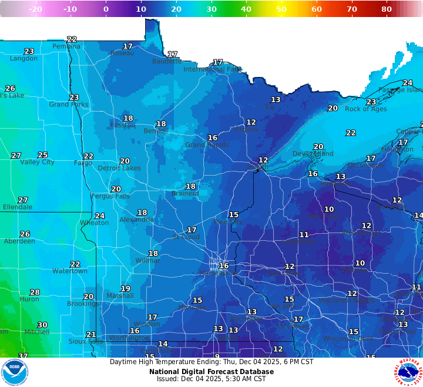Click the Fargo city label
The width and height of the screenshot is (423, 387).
(83, 163)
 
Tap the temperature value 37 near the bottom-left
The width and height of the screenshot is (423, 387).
(23, 356)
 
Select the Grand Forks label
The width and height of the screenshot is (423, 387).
(68, 105)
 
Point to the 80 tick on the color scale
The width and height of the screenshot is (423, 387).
(387, 9)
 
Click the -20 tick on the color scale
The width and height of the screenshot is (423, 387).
(35, 9)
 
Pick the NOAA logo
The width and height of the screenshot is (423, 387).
(15, 372)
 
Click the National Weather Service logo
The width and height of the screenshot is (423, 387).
(408, 372)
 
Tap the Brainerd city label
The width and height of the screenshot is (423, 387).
(184, 194)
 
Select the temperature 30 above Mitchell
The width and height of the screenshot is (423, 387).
(42, 325)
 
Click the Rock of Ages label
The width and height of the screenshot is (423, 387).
(365, 109)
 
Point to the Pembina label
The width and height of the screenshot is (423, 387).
(66, 46)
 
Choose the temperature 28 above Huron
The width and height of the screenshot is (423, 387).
(35, 292)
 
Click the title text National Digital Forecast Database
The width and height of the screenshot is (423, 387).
(211, 371)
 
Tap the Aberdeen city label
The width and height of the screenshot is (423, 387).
(19, 241)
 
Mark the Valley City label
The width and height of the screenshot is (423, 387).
(37, 162)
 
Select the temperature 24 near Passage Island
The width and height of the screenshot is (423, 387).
(407, 83)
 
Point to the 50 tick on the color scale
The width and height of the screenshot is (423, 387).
(281, 9)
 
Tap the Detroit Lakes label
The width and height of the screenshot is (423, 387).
(119, 169)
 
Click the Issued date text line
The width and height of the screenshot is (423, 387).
(211, 379)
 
